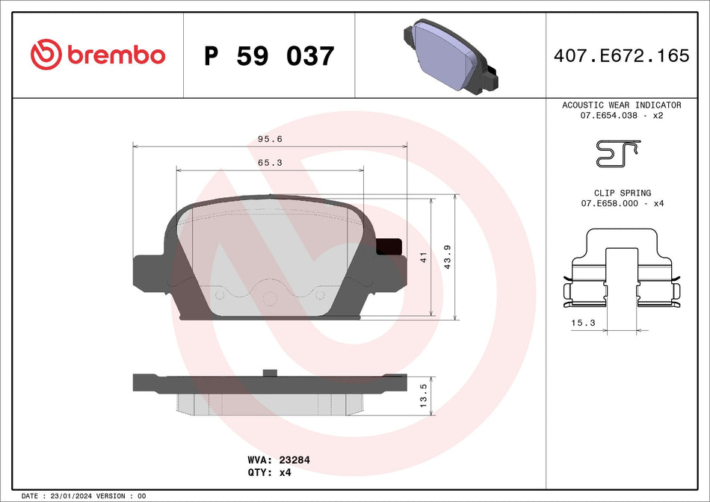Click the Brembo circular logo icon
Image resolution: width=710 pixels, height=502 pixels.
pyautogui.click(x=46, y=55)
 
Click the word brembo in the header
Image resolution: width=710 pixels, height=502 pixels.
pyautogui.click(x=116, y=55)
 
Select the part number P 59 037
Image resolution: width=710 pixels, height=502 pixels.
pyautogui.click(x=269, y=56)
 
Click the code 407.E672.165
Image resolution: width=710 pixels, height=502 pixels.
pyautogui.click(x=621, y=55)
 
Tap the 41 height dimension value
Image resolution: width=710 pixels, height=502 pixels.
pyautogui.click(x=423, y=258)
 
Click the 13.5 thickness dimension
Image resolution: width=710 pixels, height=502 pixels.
pyautogui.click(x=423, y=395)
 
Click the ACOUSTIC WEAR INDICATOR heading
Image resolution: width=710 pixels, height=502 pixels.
pyautogui.click(x=621, y=105)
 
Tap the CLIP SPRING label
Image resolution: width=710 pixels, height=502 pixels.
pyautogui.click(x=622, y=193)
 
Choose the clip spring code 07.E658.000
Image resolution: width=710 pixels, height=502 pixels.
pyautogui.click(x=610, y=204)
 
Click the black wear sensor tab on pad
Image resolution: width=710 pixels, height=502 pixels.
pyautogui.click(x=389, y=247)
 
